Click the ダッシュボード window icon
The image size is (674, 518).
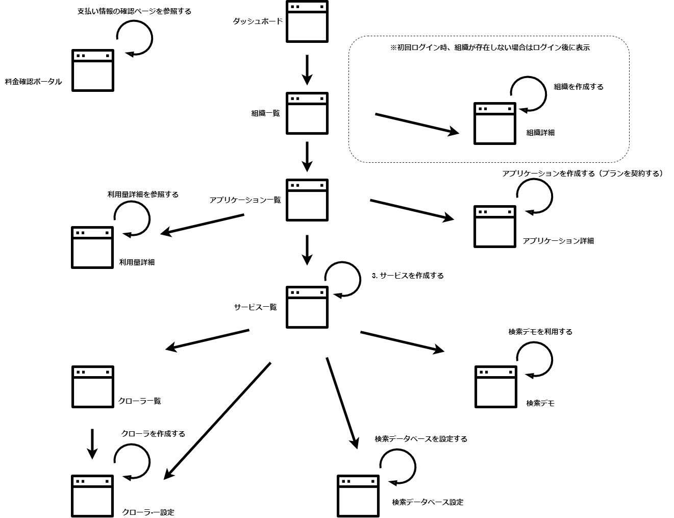coord(307,21)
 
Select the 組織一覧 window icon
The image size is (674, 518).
coord(307,113)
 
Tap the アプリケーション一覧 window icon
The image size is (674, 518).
coord(307,200)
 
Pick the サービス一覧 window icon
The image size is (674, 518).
coord(307,307)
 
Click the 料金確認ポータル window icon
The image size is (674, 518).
coord(92,70)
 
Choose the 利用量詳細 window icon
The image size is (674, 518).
coord(92,248)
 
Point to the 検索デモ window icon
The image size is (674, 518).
coord(495,387)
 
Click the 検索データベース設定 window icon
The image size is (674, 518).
coord(358,496)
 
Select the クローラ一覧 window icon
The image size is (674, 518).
coord(92,387)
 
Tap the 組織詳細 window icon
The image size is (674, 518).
coord(494,124)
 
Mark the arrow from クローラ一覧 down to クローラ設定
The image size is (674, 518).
coord(92,443)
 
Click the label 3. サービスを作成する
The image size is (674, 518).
coord(408,276)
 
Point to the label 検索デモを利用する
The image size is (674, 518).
coord(540,332)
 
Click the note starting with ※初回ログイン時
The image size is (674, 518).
coord(490,47)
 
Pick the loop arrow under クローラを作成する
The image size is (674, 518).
coord(133,461)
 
